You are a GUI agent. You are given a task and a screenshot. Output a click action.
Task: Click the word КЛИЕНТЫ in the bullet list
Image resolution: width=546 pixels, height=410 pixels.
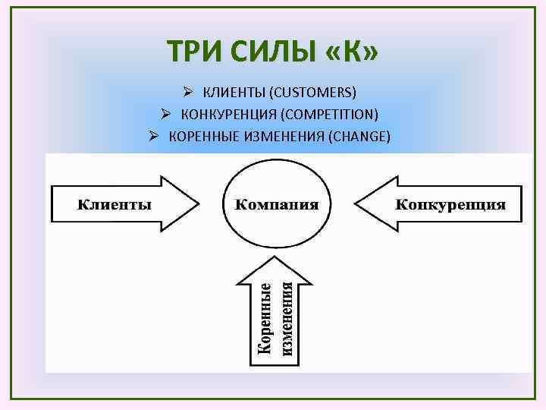[230, 93]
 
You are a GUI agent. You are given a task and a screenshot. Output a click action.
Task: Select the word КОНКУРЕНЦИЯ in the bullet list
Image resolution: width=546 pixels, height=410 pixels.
[226, 115]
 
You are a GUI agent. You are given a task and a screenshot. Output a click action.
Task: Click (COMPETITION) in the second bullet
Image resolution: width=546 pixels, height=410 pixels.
[329, 115]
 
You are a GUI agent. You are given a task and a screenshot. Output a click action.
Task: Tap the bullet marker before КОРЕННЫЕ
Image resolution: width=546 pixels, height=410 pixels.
[154, 137]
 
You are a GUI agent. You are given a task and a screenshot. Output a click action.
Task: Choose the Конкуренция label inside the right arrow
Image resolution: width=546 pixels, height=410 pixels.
[450, 203]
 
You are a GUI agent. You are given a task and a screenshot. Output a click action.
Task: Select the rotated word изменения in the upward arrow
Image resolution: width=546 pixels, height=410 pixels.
[287, 318]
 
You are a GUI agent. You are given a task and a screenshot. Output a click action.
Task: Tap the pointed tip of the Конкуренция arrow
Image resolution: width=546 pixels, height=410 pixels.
[356, 203]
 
